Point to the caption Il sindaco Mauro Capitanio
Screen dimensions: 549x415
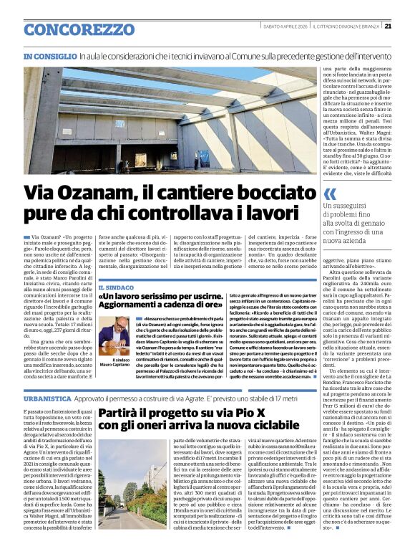point(115,365)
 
